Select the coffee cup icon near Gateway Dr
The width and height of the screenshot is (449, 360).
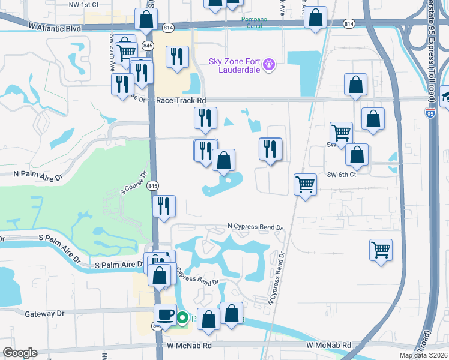[165, 314]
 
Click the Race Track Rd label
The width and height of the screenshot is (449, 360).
[181, 101]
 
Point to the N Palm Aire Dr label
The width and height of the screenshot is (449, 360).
[38, 178]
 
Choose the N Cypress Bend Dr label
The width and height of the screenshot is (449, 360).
[255, 227]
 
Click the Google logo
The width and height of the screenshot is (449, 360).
[20, 353]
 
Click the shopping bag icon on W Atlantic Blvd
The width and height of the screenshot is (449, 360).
[146, 19]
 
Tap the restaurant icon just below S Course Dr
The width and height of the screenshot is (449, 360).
[164, 206]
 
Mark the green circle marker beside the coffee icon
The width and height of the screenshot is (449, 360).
[182, 318]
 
